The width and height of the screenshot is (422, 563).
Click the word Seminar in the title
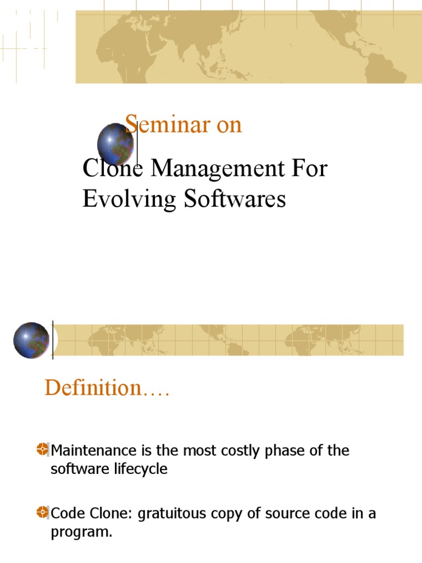[167, 125]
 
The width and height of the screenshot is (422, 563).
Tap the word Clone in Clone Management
[113, 169]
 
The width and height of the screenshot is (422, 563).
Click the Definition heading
[107, 388]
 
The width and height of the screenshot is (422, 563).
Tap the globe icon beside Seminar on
[115, 145]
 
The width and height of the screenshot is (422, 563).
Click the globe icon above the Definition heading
[31, 340]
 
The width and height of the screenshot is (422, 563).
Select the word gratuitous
[171, 514]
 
